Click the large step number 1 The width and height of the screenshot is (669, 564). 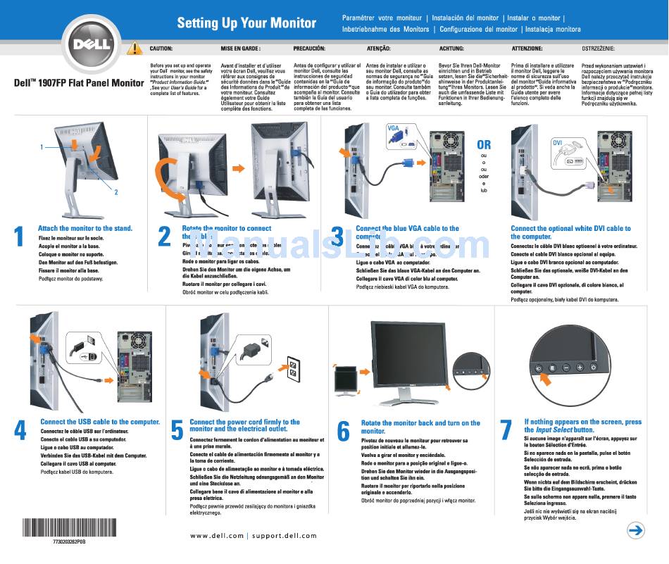coord(19,237)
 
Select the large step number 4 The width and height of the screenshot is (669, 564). coord(20,430)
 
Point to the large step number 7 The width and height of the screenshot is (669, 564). coord(505,430)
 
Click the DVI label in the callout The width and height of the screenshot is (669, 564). coord(556,142)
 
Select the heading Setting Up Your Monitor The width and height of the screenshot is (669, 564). coord(246,23)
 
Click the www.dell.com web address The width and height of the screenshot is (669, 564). coord(217,536)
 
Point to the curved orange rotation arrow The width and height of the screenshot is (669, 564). coord(168,176)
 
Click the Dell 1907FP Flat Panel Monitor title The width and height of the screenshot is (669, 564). coord(79,82)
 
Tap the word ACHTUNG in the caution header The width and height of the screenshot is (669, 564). coord(451,49)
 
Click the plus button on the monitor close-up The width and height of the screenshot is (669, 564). coord(580,367)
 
